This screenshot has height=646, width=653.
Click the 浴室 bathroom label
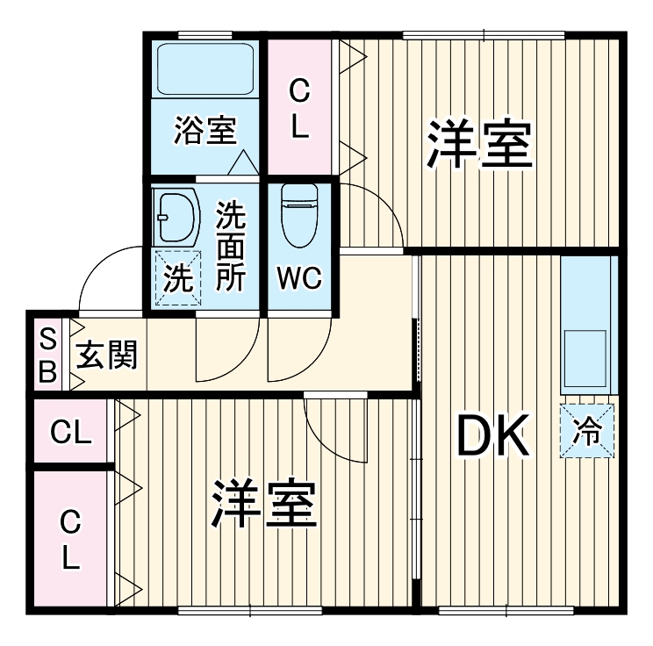(205, 132)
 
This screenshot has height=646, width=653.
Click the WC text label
(300, 279)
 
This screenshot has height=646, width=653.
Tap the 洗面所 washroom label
(231, 245)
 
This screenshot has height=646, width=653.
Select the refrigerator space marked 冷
(587, 431)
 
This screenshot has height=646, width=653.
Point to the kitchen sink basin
(585, 357)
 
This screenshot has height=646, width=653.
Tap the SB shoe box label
(47, 355)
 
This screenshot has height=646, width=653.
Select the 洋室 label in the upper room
(479, 145)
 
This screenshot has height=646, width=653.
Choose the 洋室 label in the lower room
(262, 505)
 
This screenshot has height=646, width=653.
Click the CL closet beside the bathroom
(300, 107)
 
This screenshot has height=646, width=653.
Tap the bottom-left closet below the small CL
(71, 539)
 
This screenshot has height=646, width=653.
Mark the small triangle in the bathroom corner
(243, 162)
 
